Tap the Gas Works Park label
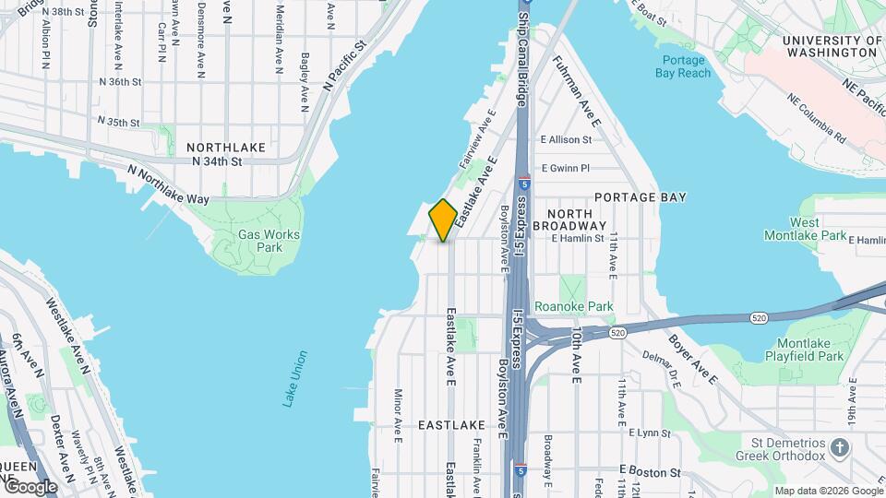[269, 241]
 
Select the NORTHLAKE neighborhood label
[226, 148]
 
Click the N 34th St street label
[217, 161]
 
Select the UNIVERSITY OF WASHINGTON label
[830, 46]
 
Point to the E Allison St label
[566, 140]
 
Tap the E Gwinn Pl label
[565, 168]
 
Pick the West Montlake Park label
[818, 229]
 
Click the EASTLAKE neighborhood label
[451, 425]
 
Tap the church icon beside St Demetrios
[839, 448]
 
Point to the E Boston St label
[650, 472]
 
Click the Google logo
[30, 487]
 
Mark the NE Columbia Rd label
[817, 121]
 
